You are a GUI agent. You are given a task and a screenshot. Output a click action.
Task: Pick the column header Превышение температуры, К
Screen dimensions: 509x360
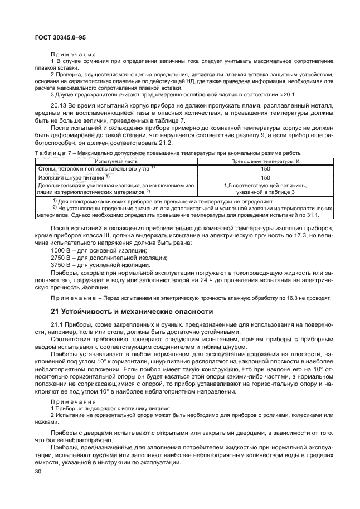pyautogui.click(x=265, y=161)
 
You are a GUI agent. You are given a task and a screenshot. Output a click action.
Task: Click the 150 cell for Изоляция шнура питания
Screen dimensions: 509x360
pyautogui.click(x=265, y=177)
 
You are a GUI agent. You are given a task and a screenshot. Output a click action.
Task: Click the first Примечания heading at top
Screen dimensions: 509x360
pyautogui.click(x=73, y=54)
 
